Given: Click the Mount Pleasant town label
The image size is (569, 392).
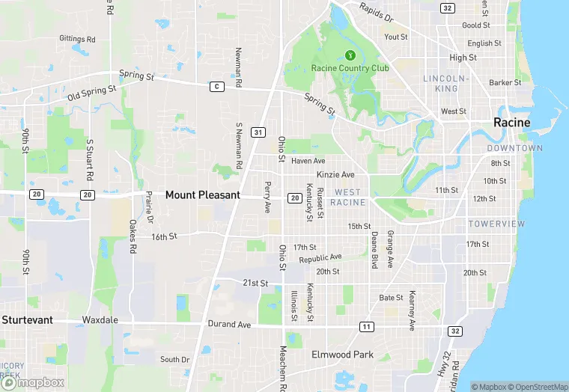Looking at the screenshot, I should coord(202,195).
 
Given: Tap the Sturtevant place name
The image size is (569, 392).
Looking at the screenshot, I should coord(27,319).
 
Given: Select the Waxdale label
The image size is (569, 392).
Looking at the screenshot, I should coord(100,319).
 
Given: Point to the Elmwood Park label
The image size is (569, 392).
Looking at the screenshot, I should coord(342,355).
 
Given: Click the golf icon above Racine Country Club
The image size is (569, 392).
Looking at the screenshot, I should coord(350,55).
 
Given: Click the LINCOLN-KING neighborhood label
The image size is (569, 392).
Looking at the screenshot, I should coord(445,83).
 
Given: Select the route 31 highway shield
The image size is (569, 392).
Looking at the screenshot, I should coord(258,132).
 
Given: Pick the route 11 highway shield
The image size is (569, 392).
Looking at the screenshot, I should coord(366,327).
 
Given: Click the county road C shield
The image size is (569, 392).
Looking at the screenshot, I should coord(216,87).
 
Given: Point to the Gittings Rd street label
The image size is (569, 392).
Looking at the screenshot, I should coord(78,39).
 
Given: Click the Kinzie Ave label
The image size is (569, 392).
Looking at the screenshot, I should coord(335,174).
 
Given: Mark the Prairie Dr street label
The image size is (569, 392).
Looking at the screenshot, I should coord(149,208).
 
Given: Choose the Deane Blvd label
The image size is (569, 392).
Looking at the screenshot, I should coord(374,249).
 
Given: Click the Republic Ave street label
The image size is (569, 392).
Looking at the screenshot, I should coord(320,258).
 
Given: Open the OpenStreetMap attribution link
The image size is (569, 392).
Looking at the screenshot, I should coord(538,387).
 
